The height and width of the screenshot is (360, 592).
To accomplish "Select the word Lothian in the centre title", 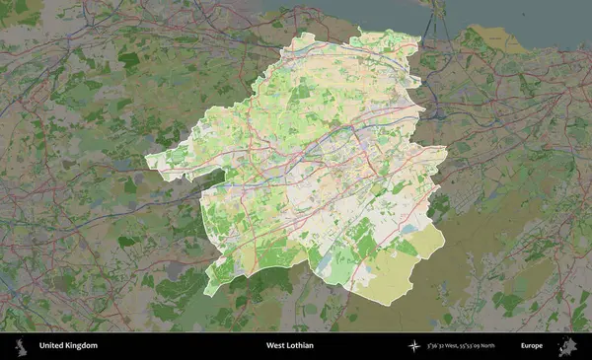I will (x=304, y=346).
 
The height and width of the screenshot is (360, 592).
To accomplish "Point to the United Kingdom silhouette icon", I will (x=21, y=345).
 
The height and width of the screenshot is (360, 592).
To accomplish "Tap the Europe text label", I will (x=532, y=346).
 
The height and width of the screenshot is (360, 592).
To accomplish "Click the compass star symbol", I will (x=414, y=346).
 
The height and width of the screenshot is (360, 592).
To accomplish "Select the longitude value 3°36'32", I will (x=440, y=346).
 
